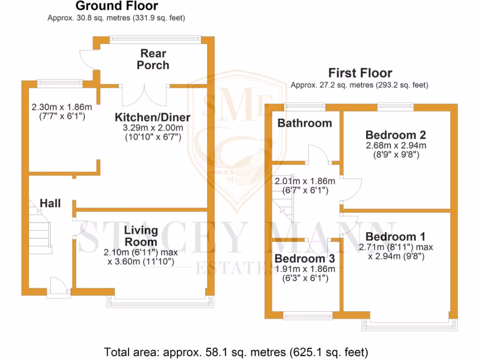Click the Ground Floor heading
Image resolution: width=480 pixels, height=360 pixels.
tap(117, 6)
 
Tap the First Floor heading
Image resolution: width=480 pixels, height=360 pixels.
tap(360, 73)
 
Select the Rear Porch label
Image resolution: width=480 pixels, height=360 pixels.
tap(153, 60)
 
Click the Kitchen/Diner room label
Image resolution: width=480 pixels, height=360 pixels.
tap(153, 117)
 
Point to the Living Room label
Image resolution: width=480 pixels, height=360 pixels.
tap(141, 236)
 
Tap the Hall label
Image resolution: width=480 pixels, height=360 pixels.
tap(50, 203)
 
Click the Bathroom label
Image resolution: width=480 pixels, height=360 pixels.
tap(305, 123)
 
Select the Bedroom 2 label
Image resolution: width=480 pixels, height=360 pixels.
tap(396, 135)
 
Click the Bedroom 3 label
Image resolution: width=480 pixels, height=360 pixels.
tap(305, 259)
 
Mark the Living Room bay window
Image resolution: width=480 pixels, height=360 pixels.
tap(158, 300)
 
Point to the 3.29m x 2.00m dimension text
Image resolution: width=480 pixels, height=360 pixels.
tap(153, 127)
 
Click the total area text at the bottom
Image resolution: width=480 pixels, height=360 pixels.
tap(236, 352)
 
